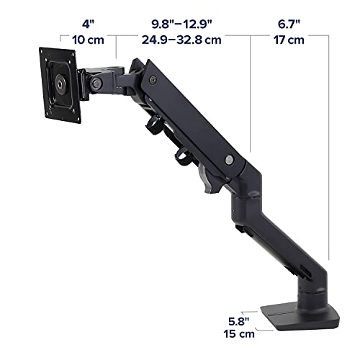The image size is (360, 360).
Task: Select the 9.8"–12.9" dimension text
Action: [x=181, y=24]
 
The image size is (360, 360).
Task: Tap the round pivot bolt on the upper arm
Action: [x=229, y=159]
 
